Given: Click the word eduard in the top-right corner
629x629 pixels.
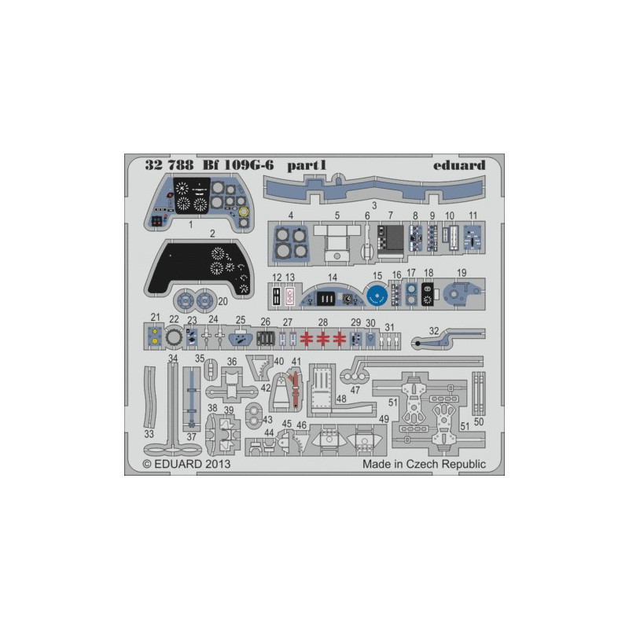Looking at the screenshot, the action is pyautogui.click(x=459, y=165).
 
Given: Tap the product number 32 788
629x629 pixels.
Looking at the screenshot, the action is pyautogui.click(x=169, y=165).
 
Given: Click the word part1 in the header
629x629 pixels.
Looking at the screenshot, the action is pyautogui.click(x=307, y=166).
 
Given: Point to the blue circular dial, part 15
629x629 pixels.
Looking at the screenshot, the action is pyautogui.click(x=377, y=296).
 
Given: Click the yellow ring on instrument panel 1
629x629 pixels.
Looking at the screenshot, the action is pyautogui.click(x=244, y=212).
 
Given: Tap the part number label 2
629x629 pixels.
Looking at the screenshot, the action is pyautogui.click(x=212, y=234).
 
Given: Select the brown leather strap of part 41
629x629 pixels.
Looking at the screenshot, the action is pyautogui.click(x=296, y=388).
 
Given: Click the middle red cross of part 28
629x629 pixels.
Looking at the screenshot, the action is pyautogui.click(x=323, y=339).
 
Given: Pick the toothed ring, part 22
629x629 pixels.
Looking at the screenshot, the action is pyautogui.click(x=174, y=338).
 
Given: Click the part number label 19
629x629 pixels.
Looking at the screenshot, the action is pyautogui.click(x=462, y=273).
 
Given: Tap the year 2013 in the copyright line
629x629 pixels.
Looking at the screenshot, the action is pyautogui.click(x=218, y=464).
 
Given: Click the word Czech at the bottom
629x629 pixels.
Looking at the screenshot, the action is pyautogui.click(x=421, y=464).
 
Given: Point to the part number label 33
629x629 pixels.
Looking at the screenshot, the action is pyautogui.click(x=149, y=434).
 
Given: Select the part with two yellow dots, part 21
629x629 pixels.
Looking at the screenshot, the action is pyautogui.click(x=154, y=337).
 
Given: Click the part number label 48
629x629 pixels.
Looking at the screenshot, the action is pyautogui.click(x=341, y=399).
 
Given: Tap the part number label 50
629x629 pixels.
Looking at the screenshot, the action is pyautogui.click(x=479, y=421).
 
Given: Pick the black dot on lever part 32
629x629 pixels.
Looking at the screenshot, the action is pyautogui.click(x=418, y=344).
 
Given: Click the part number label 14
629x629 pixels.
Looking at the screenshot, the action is pyautogui.click(x=333, y=278).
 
